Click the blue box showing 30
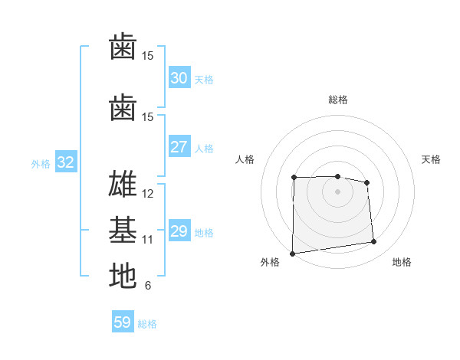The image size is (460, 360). click(x=179, y=77)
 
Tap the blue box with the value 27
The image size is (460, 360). click(x=179, y=147)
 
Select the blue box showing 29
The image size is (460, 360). click(x=179, y=231)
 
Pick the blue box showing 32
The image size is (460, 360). click(x=65, y=162)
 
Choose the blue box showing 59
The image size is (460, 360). click(x=122, y=322)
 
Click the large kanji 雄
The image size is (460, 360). click(x=123, y=185)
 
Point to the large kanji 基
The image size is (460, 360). click(x=123, y=230)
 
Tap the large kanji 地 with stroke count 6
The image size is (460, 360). click(x=123, y=276)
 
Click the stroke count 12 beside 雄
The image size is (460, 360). click(x=148, y=194)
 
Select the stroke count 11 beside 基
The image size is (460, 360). click(x=148, y=240)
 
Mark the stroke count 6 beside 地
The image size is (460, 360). click(x=148, y=286)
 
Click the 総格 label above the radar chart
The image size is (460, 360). click(x=337, y=100)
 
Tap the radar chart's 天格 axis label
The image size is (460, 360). click(x=431, y=159)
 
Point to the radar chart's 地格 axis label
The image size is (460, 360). click(x=402, y=263)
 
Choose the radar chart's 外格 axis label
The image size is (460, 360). click(x=270, y=263)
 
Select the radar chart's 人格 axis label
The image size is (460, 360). click(x=245, y=159)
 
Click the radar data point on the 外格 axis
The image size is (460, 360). click(x=292, y=254)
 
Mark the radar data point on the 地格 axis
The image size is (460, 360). click(x=374, y=242)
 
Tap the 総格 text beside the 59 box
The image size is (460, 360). click(x=147, y=324)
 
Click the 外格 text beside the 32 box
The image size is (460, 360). click(x=41, y=163)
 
